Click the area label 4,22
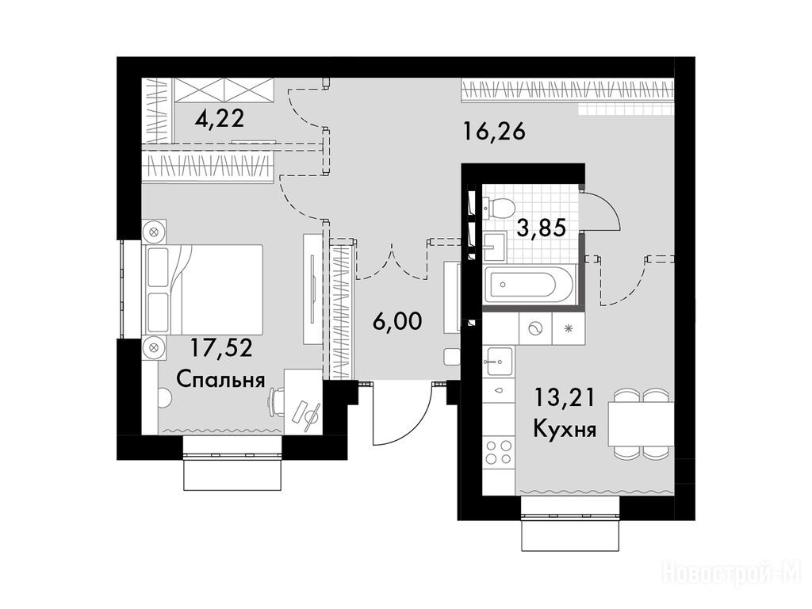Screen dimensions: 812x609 click(220, 120)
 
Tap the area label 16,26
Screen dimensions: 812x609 click(495, 132)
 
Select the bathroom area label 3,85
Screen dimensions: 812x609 click(541, 228)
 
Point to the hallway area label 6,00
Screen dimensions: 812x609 click(398, 322)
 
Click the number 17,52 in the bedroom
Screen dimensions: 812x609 click(221, 347)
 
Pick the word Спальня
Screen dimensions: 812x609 click(220, 380)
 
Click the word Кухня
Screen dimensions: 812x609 click(565, 429)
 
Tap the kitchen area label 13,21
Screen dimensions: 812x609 click(565, 398)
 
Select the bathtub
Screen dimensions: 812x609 click(529, 285)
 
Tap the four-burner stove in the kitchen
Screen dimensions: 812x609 click(498, 451)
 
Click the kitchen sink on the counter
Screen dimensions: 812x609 click(498, 361)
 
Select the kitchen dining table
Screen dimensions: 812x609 click(641, 423)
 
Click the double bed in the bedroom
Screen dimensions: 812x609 click(205, 289)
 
